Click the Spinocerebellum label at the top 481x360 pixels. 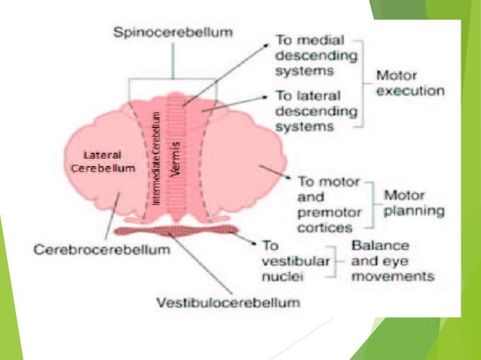[172, 33]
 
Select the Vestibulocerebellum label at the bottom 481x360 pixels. [228, 303]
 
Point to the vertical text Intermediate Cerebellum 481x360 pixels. [156, 158]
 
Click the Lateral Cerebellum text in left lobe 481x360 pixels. [103, 162]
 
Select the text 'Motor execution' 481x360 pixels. [411, 84]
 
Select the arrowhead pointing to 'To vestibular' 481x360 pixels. [253, 243]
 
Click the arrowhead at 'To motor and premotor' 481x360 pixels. [291, 178]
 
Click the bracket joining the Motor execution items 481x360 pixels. [365, 83]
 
